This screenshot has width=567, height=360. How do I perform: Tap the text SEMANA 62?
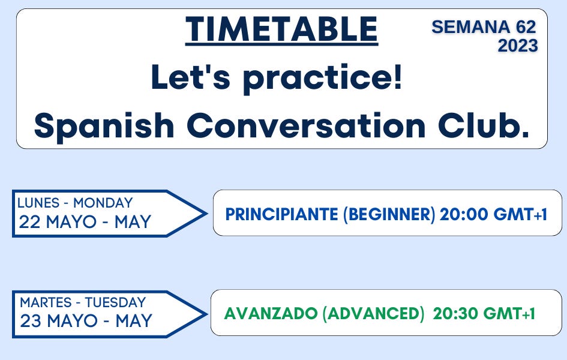click(484, 26)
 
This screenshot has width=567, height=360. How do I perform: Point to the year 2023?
click(517, 46)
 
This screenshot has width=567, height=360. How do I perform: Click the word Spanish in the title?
click(103, 125)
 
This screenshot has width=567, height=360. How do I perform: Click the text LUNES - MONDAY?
click(76, 203)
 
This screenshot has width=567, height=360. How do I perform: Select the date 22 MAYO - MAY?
click(85, 223)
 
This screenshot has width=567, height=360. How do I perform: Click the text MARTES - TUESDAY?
click(83, 302)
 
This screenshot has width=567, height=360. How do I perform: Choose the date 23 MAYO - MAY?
click(86, 321)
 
